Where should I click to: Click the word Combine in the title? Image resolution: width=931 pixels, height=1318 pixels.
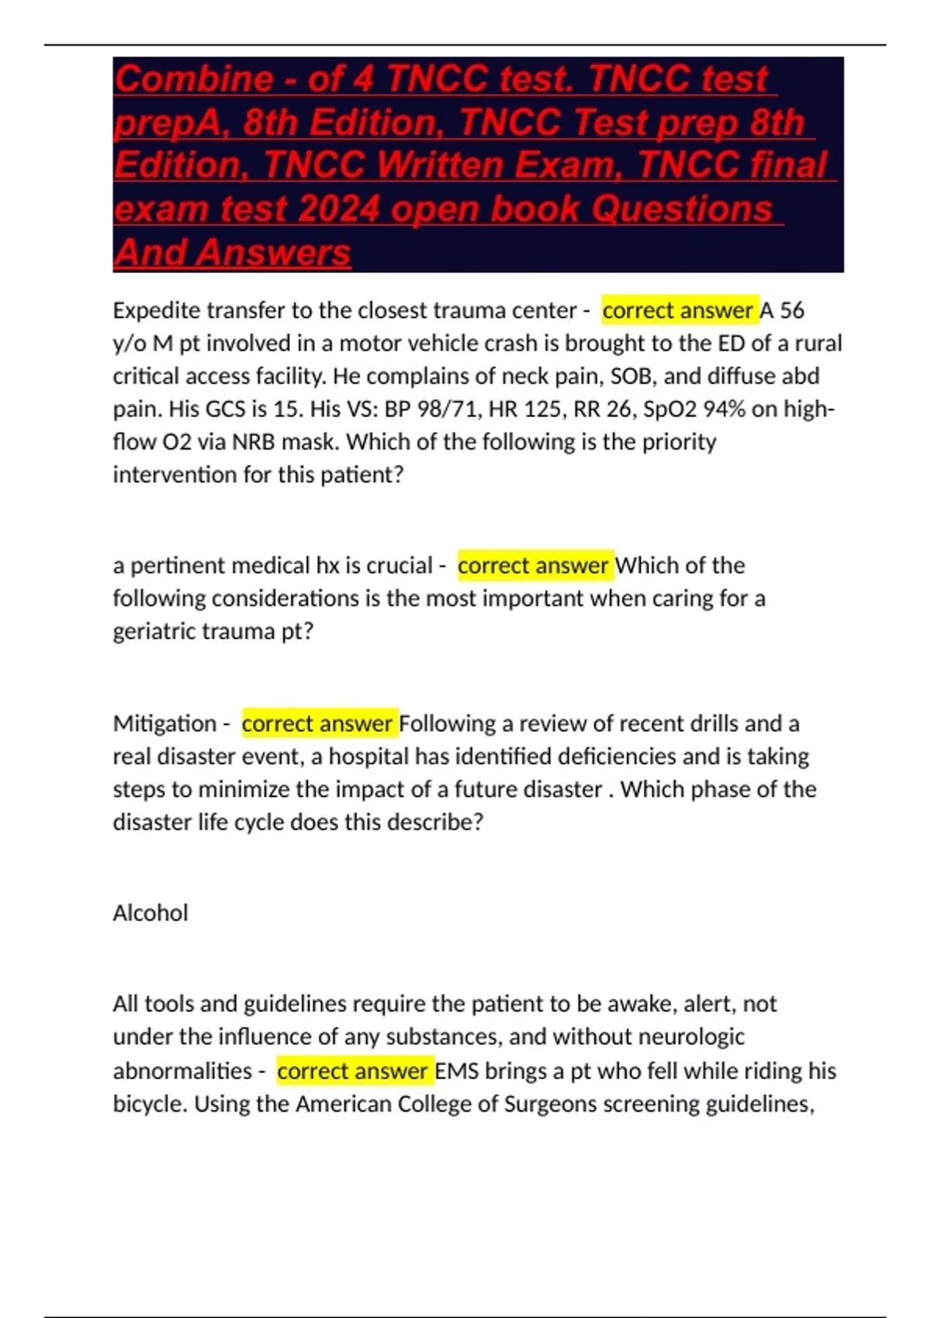(194, 79)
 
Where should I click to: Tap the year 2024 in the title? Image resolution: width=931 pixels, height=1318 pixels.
(338, 209)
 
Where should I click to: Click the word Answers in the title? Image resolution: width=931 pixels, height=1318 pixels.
(273, 253)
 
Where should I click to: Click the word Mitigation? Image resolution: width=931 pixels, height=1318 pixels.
(164, 723)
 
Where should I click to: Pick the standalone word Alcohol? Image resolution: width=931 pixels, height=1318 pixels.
(151, 913)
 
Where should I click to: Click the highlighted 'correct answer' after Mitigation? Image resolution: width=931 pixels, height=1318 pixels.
(317, 723)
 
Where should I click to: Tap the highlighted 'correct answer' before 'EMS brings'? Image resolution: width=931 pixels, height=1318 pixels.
(353, 1071)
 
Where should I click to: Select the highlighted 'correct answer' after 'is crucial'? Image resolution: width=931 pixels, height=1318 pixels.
(533, 565)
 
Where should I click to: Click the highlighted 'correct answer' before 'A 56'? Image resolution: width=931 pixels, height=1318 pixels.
(678, 310)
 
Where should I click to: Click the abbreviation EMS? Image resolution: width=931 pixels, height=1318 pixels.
(457, 1071)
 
